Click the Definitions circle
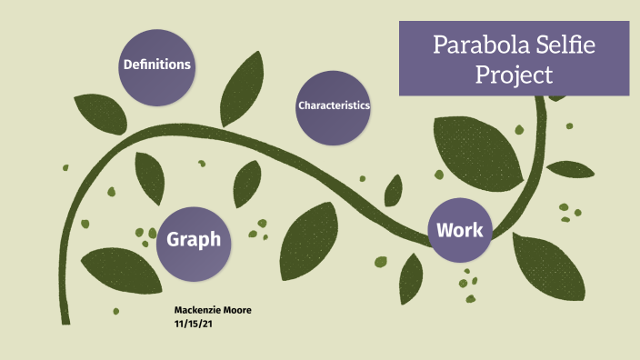pos(157,65)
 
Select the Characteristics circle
pos(334,105)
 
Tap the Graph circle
pos(194,240)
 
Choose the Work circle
pos(459,229)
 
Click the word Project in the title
pos(515,75)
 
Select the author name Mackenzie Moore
pos(212,311)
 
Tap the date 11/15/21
pos(193,323)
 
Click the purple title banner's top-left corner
pos(400,22)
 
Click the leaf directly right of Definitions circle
pos(243,81)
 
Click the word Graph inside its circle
pos(194,240)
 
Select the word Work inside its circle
pos(459,229)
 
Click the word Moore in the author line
pos(236,311)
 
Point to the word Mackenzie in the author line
pos(197,311)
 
